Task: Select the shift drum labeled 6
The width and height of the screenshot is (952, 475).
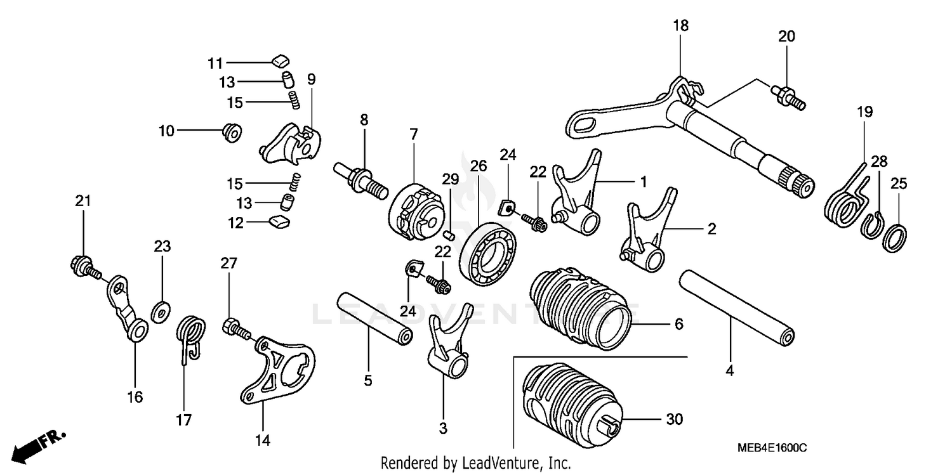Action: coord(581,309)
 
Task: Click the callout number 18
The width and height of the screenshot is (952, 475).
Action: coord(680,26)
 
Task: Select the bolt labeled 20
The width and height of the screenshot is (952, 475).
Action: coord(787,96)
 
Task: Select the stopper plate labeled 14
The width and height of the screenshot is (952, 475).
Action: coord(278,369)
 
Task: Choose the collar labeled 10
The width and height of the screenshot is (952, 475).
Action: coord(231,133)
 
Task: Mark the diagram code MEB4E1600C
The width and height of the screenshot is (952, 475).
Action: coord(772,447)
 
